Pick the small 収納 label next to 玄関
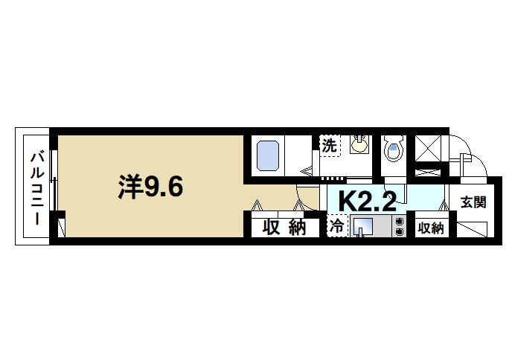point(430,228)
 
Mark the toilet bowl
point(392,152)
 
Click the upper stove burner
point(400,221)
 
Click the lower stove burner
point(400,232)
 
